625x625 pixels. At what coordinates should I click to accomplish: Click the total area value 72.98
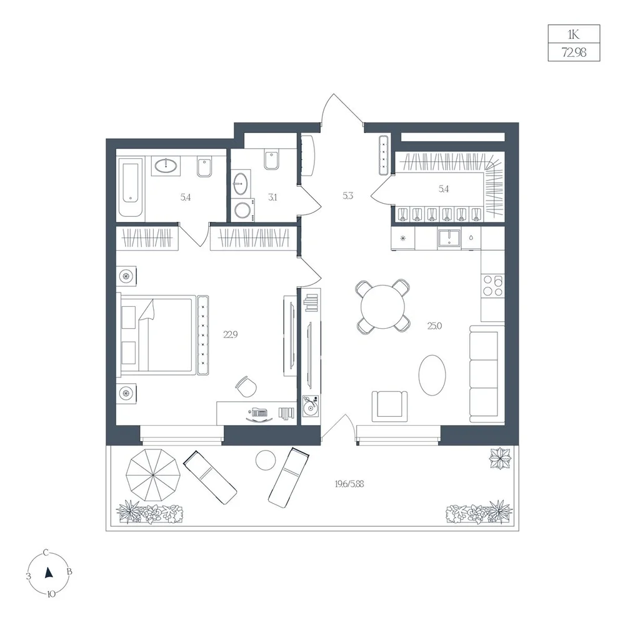[x=574, y=52]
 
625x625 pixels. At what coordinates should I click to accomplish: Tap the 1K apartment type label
[x=574, y=34]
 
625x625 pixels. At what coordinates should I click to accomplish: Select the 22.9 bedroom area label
[x=231, y=334]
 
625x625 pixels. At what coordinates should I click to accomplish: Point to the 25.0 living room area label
[x=434, y=326]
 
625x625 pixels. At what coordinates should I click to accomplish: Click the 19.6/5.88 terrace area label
[x=349, y=484]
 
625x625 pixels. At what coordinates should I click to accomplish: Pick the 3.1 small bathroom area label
[x=272, y=197]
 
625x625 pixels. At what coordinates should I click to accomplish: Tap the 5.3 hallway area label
[x=347, y=196]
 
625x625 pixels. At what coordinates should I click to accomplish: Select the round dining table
[x=382, y=306]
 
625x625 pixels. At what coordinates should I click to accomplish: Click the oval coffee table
[x=432, y=375]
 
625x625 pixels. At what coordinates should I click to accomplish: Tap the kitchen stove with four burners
[x=492, y=286]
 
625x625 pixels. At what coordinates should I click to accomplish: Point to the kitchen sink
[x=449, y=239]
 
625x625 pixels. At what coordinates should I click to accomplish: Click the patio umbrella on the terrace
[x=153, y=475]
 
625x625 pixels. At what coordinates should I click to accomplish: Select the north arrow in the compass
[x=49, y=572]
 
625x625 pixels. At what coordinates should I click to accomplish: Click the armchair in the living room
[x=390, y=406]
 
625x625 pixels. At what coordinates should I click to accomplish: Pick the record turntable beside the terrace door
[x=311, y=406]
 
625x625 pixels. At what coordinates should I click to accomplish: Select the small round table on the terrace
[x=266, y=461]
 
